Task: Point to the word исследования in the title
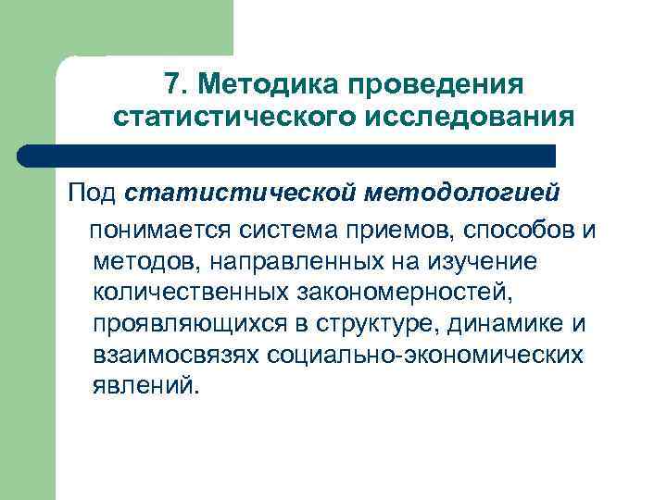(x=484, y=118)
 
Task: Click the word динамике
(x=500, y=324)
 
